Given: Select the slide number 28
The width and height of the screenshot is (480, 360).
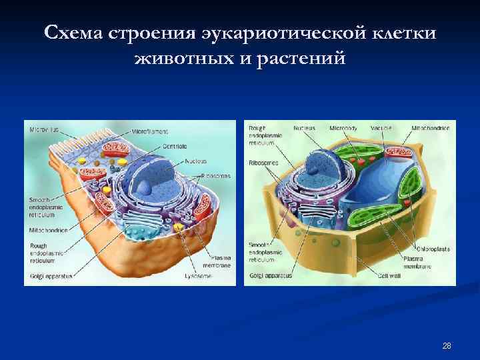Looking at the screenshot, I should [x=447, y=345].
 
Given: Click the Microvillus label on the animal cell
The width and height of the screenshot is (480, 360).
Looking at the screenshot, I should [x=44, y=129].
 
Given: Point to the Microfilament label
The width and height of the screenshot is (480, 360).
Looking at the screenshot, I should [x=149, y=132].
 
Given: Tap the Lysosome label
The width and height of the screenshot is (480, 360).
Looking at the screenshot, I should [x=197, y=275].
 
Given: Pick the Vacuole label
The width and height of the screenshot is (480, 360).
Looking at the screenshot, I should [x=381, y=127].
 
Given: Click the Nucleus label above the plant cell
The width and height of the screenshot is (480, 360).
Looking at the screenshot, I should [x=304, y=127].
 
